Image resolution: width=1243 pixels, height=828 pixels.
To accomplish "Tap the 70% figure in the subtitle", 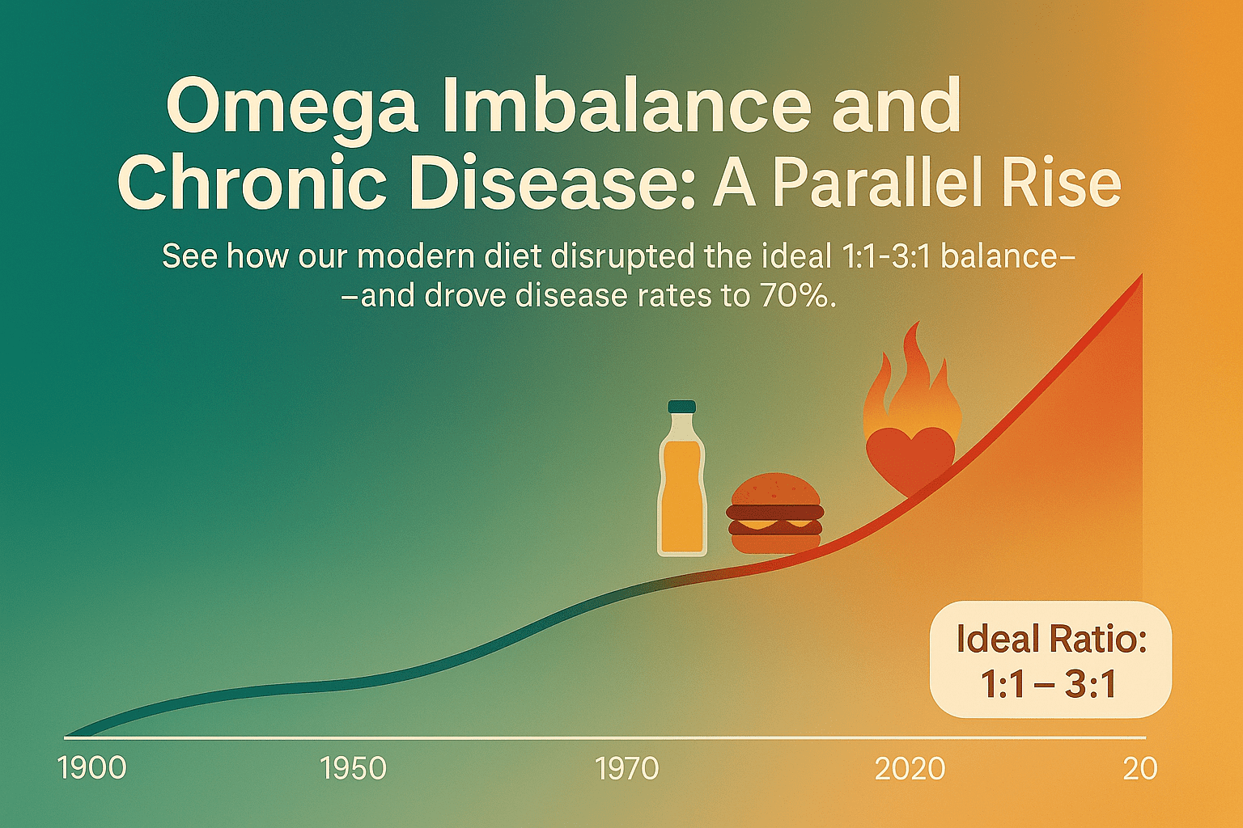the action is (x=797, y=296).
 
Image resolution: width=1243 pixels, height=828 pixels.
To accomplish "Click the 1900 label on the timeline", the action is (x=92, y=769).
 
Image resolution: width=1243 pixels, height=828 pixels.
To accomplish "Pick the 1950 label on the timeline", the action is (x=353, y=769).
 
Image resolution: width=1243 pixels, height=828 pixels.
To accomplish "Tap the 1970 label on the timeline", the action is (x=626, y=769).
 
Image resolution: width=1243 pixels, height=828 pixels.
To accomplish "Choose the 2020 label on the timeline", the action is (x=910, y=769).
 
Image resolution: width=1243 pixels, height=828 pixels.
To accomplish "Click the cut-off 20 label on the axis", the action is (x=1140, y=769).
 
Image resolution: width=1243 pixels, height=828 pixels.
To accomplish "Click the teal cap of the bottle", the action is (x=682, y=407).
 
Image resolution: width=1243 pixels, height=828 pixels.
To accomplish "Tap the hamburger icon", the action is (x=775, y=513).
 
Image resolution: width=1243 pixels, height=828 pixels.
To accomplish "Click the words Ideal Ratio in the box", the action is (x=1051, y=640).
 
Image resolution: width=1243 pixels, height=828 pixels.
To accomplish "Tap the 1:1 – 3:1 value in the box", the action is (x=1048, y=684).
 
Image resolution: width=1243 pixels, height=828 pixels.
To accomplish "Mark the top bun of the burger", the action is (x=775, y=488).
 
